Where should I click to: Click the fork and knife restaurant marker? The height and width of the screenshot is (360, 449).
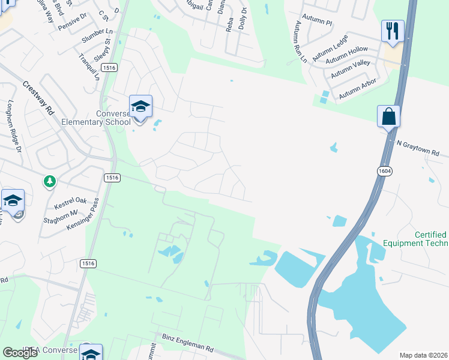[x=393, y=31]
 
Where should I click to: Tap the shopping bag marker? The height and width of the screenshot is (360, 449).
[x=388, y=116]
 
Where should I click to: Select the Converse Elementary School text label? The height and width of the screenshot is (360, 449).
[x=96, y=118]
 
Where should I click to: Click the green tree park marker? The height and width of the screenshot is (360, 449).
[x=49, y=181]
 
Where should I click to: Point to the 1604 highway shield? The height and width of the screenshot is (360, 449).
[x=385, y=172]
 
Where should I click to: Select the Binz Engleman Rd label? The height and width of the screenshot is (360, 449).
[x=184, y=343]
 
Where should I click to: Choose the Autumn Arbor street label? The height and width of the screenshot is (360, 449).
[x=358, y=89]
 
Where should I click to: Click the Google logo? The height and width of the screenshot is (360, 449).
[x=20, y=352]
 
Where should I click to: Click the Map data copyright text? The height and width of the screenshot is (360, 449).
[x=423, y=355]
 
